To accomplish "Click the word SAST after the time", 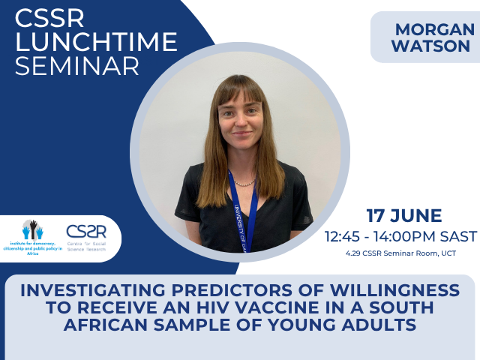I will [x=457, y=236].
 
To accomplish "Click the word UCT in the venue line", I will [x=448, y=253].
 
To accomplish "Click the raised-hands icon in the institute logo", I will [x=32, y=229].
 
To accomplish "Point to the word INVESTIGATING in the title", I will [x=106, y=290].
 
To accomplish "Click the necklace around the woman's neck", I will [x=244, y=182].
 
